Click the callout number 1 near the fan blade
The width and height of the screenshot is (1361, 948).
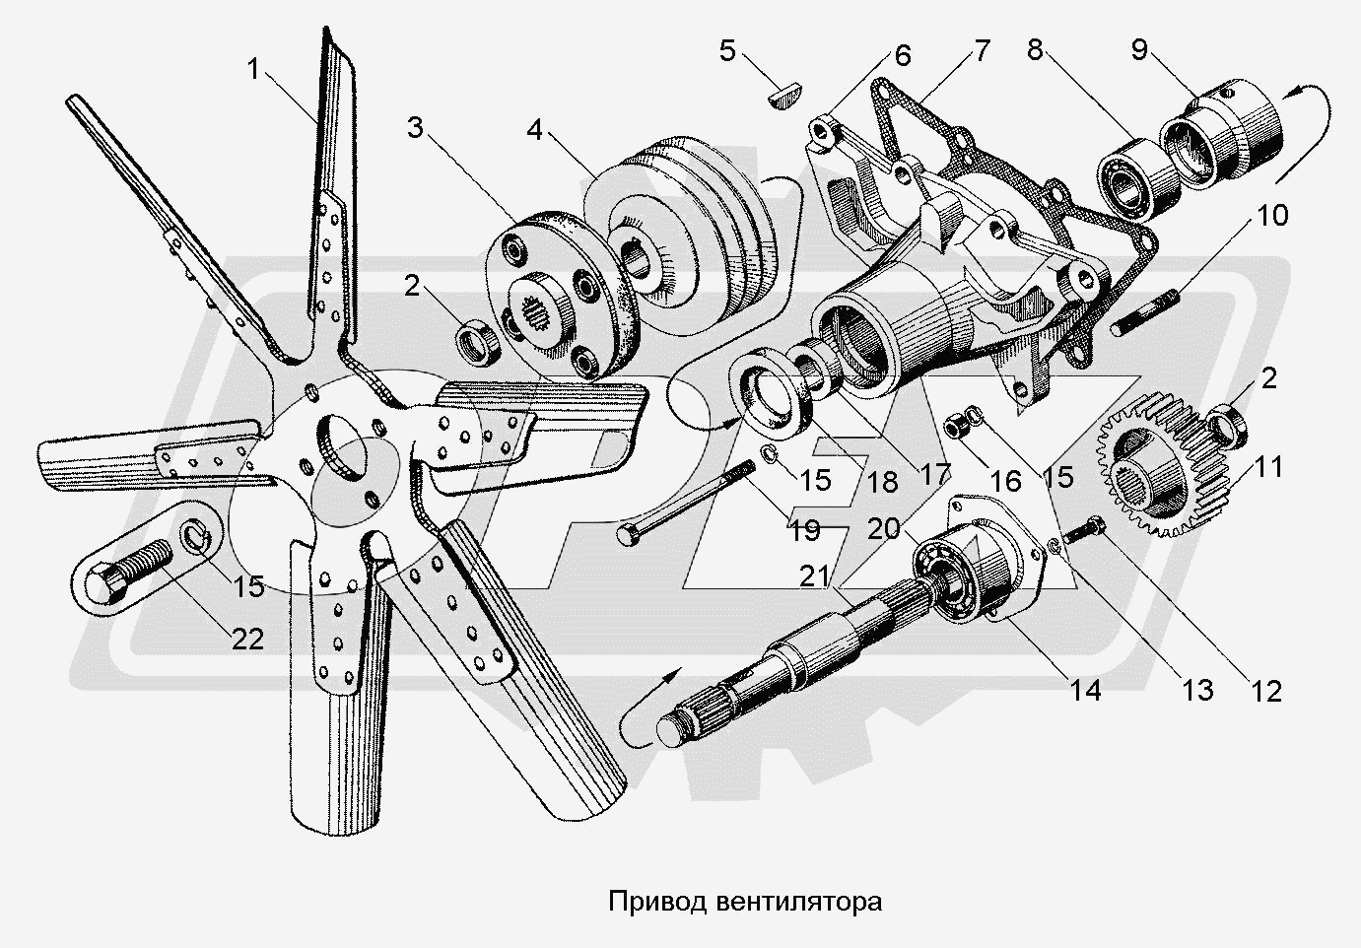click(x=255, y=69)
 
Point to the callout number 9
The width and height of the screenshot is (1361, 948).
click(x=1138, y=49)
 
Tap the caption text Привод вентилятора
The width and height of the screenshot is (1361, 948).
click(x=743, y=901)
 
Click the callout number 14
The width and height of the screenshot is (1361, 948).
click(x=1085, y=690)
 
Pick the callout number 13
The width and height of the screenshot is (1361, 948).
click(x=1198, y=690)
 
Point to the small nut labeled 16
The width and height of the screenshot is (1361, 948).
click(x=955, y=428)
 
